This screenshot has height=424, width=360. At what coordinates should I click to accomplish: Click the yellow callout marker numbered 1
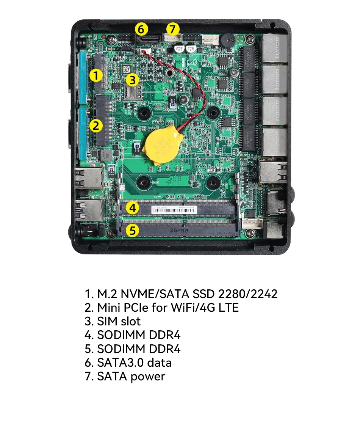(x=96, y=75)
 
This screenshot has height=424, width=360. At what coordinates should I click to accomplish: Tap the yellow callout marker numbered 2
(x=96, y=125)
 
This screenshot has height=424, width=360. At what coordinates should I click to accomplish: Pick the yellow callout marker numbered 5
(x=132, y=230)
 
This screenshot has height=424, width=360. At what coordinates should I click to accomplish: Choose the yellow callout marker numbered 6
(x=141, y=29)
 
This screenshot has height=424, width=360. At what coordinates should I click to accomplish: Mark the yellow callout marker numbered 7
(x=172, y=29)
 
